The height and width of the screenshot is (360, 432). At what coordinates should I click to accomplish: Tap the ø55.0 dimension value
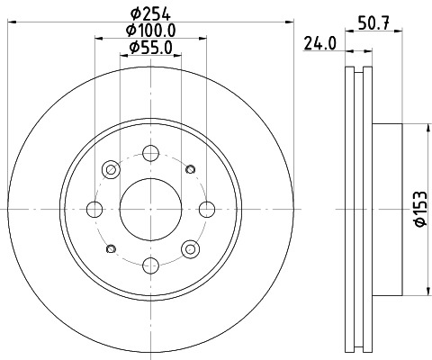pos(150,47)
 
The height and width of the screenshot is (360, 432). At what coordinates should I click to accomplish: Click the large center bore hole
pos(150,209)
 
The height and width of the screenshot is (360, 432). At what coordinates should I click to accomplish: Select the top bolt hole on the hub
pos(150,152)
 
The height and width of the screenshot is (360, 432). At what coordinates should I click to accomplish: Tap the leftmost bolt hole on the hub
pos(94,209)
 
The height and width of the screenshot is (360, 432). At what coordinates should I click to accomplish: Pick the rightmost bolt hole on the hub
pos(207,209)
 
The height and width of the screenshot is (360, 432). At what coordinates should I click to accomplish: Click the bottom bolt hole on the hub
pos(150,265)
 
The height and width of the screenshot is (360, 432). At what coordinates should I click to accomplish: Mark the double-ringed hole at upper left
pos(111,169)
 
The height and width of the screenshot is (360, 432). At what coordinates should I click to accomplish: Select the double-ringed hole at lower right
pos(190,248)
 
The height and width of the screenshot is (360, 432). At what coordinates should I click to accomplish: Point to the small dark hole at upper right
pos(190,168)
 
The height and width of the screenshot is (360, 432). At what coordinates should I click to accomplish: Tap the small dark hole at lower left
pos(111,248)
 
